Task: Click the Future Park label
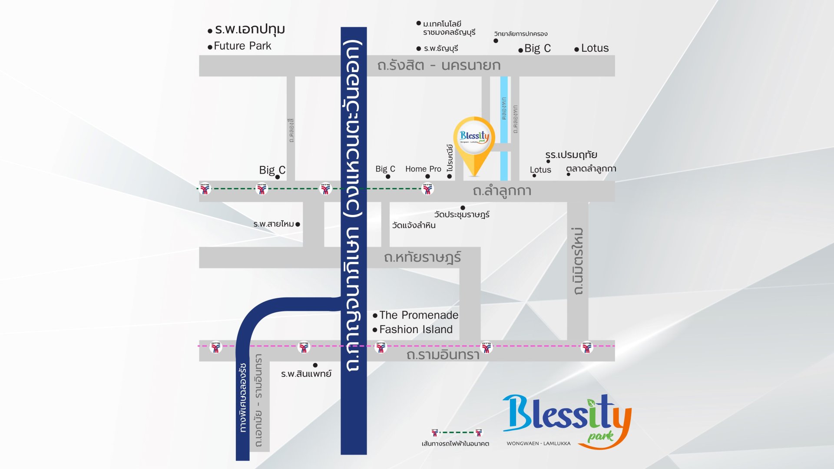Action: point(242,46)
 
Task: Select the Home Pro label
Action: point(423,169)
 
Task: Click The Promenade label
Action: point(418,315)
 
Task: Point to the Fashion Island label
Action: point(416,330)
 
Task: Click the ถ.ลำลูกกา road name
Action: point(502,191)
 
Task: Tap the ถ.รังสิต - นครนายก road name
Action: point(439,66)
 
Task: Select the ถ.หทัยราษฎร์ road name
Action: point(422,258)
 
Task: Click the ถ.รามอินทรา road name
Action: point(443,355)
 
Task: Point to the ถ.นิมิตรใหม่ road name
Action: point(578,261)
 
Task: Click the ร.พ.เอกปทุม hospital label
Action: point(250,30)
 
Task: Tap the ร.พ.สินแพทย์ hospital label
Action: point(306,374)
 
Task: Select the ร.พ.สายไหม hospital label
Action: point(274,224)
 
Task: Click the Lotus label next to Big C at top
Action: point(595,48)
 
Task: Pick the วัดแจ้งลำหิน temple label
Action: point(414,225)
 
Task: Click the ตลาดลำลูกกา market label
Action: point(591,169)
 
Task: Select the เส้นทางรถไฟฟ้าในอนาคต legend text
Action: point(455,444)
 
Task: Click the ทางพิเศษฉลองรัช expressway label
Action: point(243,397)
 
